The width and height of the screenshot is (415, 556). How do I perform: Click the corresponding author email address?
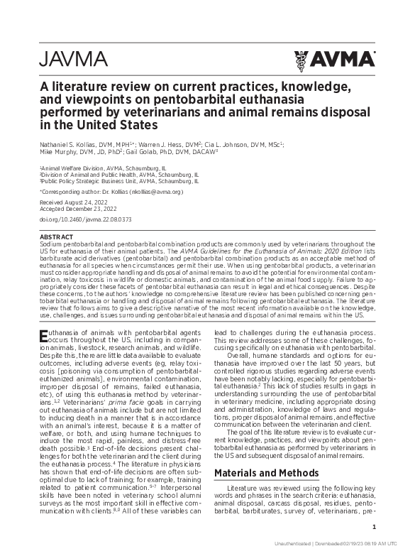155,192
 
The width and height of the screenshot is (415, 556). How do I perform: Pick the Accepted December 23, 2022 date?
77,209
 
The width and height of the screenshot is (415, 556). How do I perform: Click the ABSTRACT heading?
56,236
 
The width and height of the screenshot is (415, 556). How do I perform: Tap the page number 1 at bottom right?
373,526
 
